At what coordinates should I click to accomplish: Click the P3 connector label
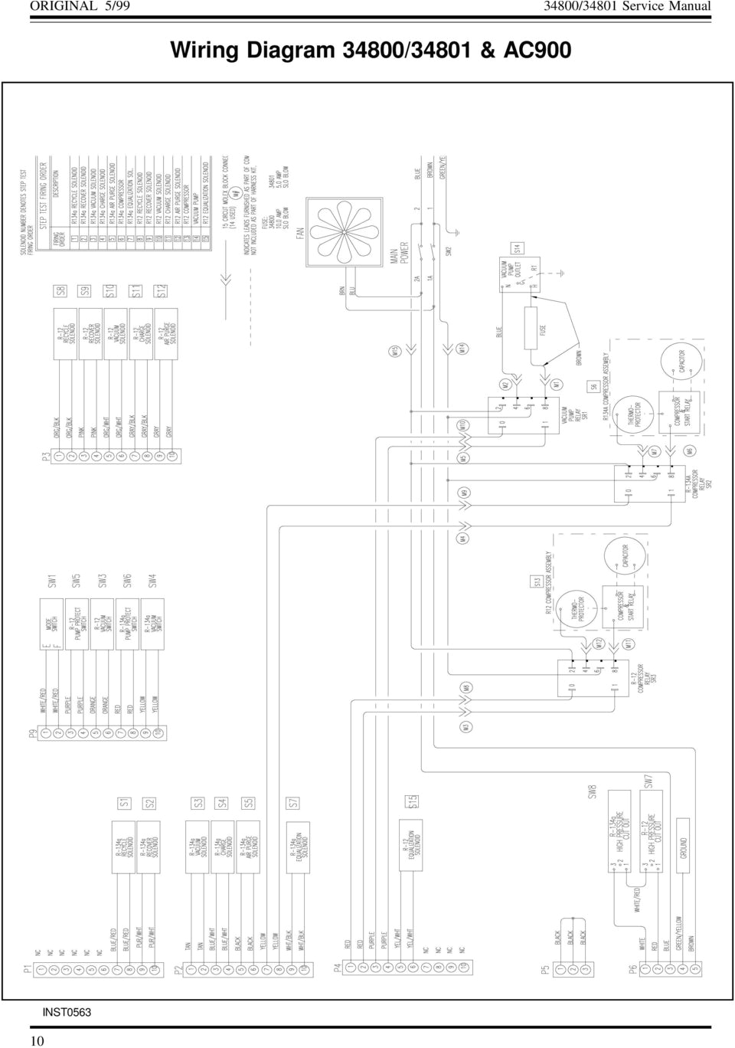(x=47, y=458)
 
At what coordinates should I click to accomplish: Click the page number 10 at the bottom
(x=38, y=1039)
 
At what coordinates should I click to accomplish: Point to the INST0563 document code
(x=67, y=1012)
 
